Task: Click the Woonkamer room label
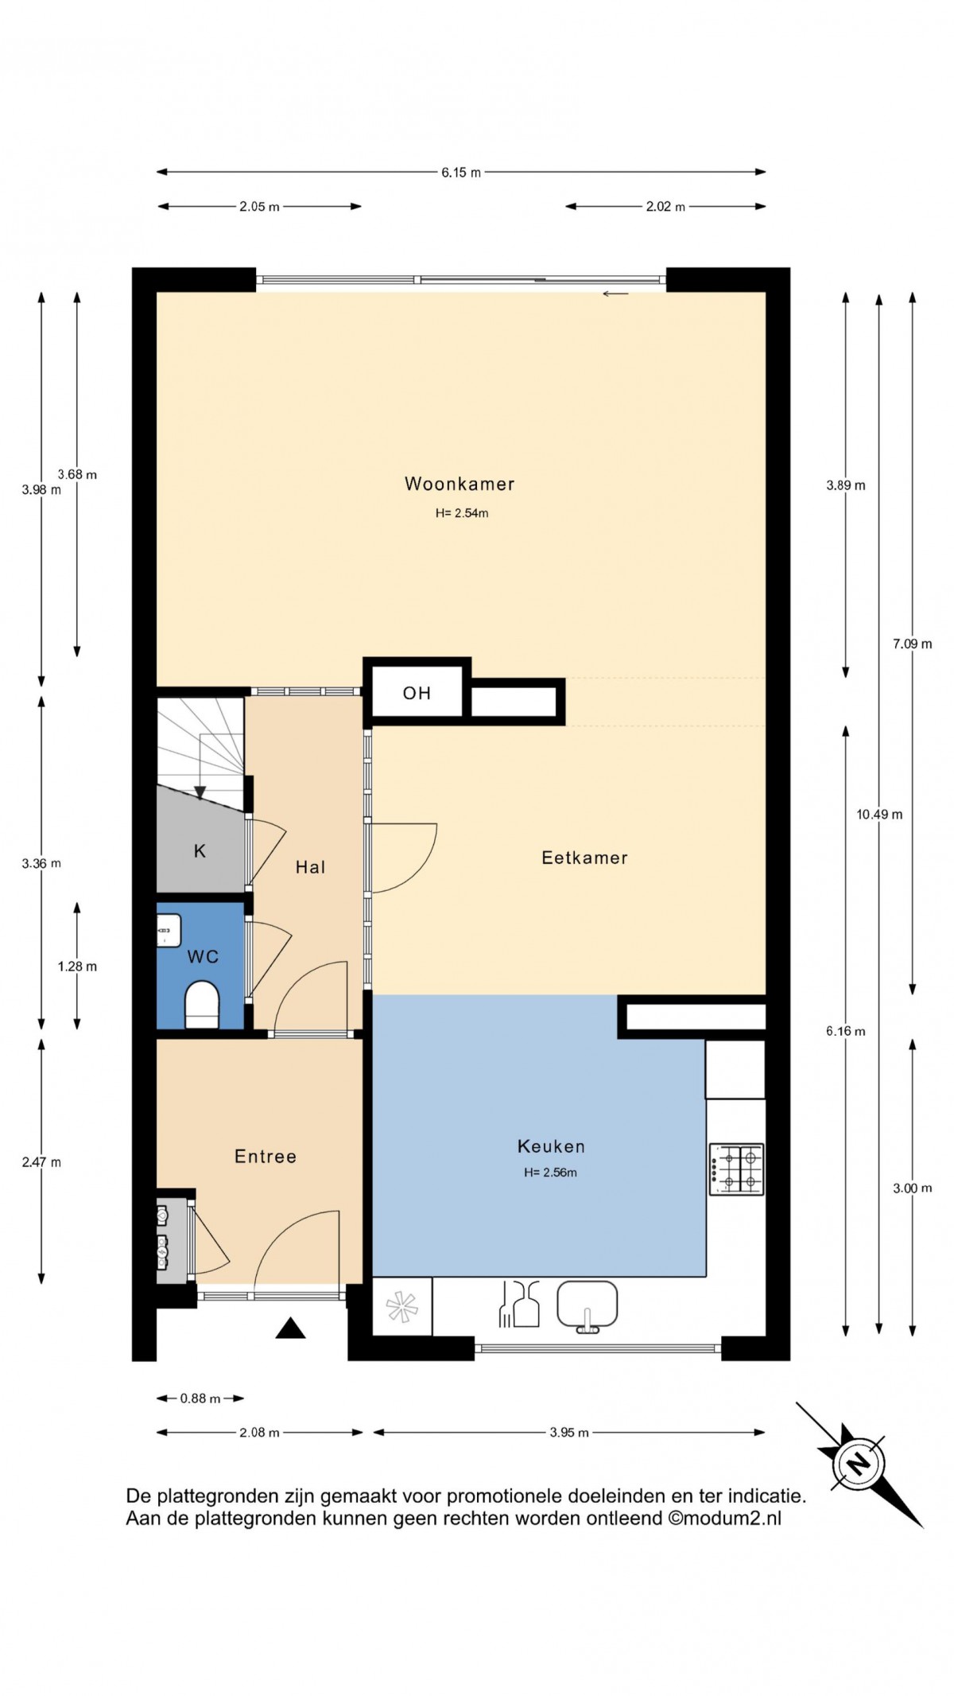tap(460, 484)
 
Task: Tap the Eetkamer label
tap(584, 858)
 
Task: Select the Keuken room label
tap(551, 1146)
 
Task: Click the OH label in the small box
tap(417, 693)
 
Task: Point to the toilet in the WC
tap(201, 1005)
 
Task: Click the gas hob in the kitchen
tap(736, 1169)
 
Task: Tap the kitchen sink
tap(587, 1306)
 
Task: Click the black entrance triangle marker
tap(290, 1328)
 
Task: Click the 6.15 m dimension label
tap(461, 173)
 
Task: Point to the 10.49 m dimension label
tap(879, 815)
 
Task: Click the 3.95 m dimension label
tap(569, 1433)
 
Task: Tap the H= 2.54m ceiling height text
tap(462, 513)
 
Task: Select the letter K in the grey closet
tap(200, 851)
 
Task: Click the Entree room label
tap(266, 1157)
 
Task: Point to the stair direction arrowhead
tap(200, 792)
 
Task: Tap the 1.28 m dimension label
tap(77, 967)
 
